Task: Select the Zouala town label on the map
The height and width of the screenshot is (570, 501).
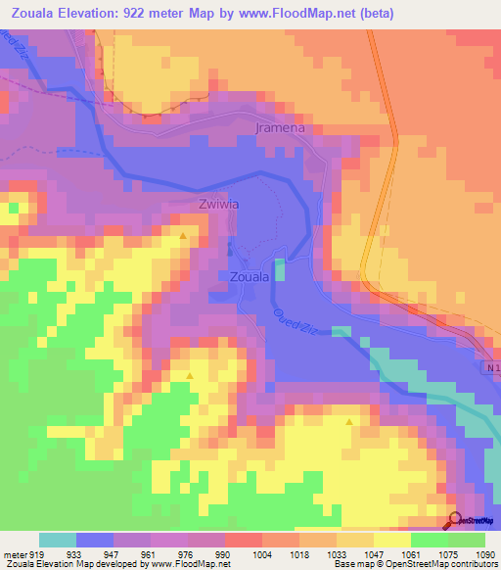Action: coord(250,277)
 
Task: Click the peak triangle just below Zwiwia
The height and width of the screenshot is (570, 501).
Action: coord(183,236)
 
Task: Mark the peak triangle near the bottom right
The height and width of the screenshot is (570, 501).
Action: coord(349,421)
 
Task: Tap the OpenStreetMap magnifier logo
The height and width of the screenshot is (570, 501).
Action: coord(455,521)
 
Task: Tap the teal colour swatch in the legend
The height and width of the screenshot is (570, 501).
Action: coord(58,539)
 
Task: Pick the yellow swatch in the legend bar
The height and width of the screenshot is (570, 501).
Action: coord(391,539)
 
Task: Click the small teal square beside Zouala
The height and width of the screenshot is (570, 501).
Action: coord(281,269)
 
